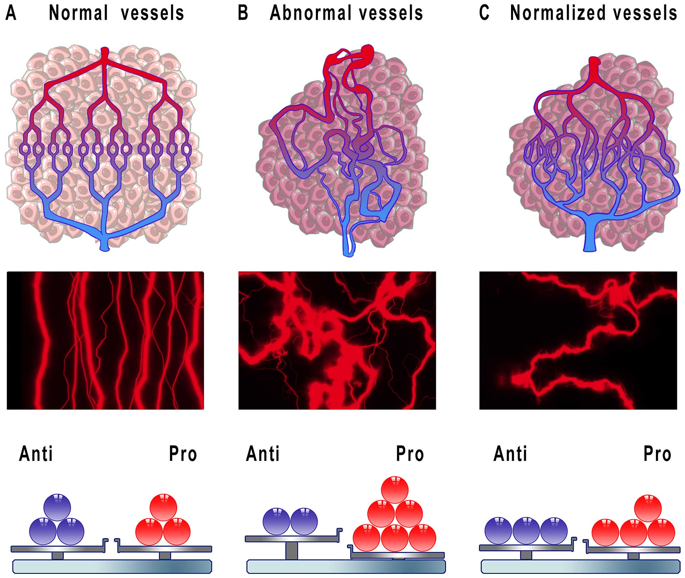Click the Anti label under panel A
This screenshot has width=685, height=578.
36,454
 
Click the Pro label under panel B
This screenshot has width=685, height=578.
410,454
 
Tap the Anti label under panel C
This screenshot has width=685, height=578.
510,454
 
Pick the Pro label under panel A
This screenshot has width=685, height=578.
183,454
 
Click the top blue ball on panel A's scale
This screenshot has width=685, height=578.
57,507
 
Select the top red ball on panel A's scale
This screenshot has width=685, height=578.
163,507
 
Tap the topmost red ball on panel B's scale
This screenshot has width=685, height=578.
395,490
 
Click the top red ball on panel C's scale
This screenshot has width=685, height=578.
647,508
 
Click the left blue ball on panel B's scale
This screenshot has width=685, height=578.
276,521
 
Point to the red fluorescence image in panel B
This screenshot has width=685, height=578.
337,340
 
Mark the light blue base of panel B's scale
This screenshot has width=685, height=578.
346,566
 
